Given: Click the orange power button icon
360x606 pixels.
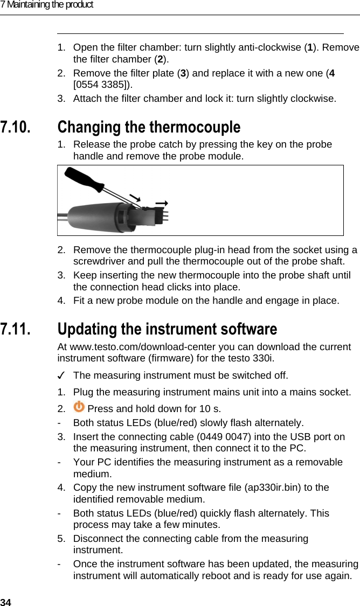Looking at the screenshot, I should click(79, 407).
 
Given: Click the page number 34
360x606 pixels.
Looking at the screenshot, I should click(5, 602).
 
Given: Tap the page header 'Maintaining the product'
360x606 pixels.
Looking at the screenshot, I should click(50, 5).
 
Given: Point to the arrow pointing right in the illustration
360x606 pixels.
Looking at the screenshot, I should click(161, 203).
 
